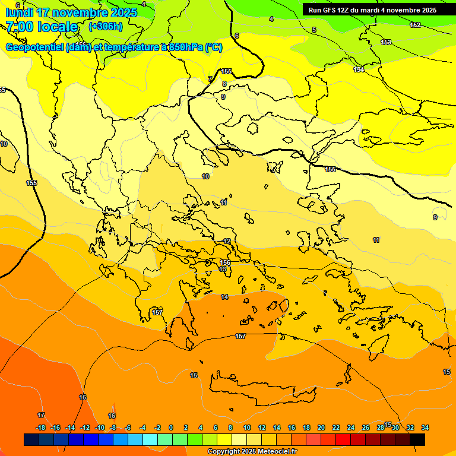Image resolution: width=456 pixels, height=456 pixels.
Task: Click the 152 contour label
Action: tap(416, 25)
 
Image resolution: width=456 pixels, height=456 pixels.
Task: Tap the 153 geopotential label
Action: tap(386, 42)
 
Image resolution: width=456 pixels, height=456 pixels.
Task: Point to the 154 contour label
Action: tap(359, 69)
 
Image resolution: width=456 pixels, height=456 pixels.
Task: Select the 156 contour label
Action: tap(225, 262)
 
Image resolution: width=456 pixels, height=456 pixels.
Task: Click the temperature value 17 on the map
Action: tap(41, 415)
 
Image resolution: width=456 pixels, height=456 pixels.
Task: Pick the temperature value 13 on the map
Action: tap(223, 270)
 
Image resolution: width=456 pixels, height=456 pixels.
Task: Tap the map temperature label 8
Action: tap(224, 84)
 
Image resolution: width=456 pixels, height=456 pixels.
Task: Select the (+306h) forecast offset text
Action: tap(106, 26)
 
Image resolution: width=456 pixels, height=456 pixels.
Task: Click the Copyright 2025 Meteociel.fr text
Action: tap(252, 452)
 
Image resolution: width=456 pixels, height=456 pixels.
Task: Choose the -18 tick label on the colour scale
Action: tap(40, 427)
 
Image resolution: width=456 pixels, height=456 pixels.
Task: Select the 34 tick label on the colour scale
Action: tap(425, 427)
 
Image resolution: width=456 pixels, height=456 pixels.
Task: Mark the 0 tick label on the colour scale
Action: tap(171, 427)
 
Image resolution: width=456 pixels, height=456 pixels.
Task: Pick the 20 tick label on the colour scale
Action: tap(321, 427)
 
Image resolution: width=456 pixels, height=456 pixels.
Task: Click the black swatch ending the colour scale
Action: tap(417, 439)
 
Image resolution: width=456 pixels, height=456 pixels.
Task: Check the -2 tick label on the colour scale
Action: tap(157, 427)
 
